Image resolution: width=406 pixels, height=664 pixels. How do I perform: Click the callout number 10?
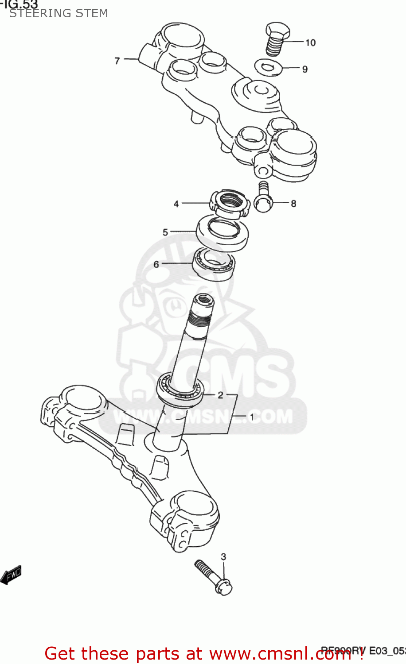pos(310,42)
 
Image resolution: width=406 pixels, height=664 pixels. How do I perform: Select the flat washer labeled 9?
pos(269,68)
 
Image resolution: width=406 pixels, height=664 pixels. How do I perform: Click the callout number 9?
pos(305,69)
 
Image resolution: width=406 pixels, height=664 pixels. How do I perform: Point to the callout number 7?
pos(117,61)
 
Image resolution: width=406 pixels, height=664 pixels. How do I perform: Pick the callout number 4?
pos(176,204)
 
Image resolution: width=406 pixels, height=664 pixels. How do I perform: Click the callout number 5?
pos(165,232)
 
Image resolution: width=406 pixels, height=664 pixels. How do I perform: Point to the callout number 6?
pos(156,264)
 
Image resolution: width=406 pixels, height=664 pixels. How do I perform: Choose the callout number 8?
pos(293,204)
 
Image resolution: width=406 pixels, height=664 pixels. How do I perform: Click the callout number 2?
pos(220,395)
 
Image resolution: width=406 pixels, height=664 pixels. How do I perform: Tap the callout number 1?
pos(252,417)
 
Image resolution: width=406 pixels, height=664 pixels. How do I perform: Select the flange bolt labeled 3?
pos(213,577)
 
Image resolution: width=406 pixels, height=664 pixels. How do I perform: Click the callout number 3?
pos(223,556)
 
